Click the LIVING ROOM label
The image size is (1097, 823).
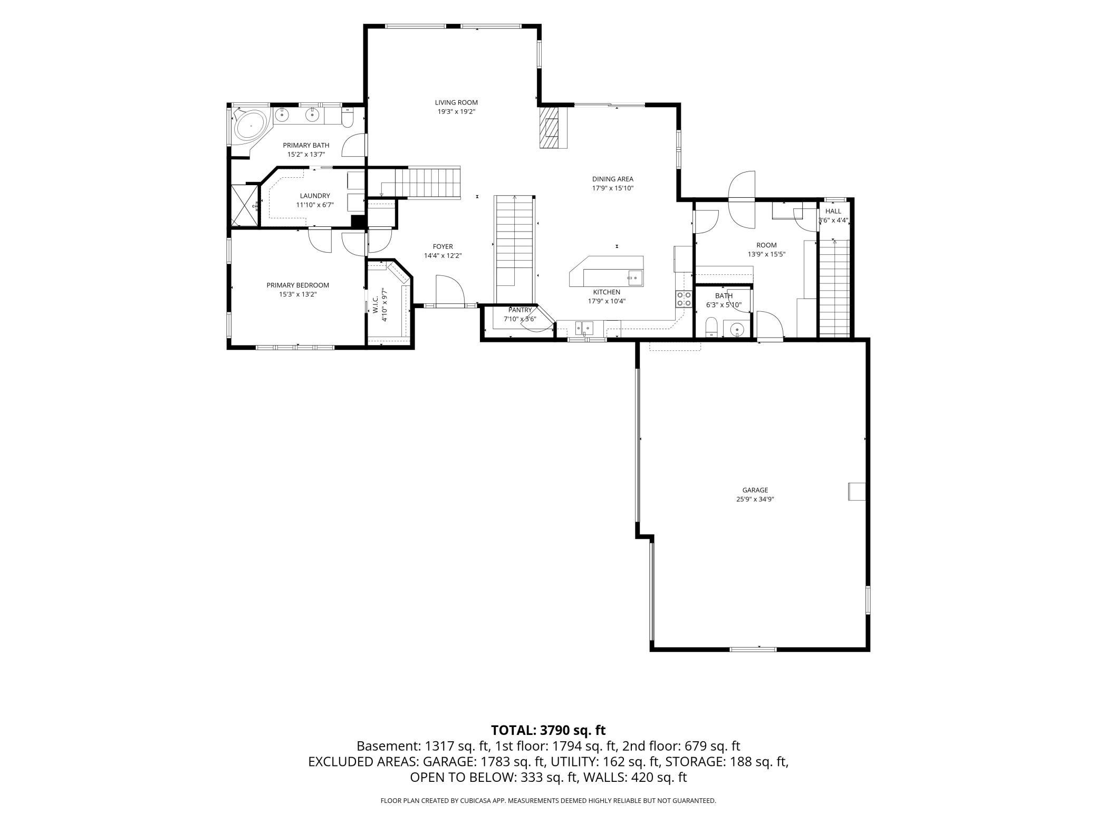coord(456,102)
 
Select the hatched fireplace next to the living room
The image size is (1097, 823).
coord(551,128)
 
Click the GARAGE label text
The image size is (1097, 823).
coord(755,490)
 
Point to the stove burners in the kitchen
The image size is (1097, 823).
coord(684,299)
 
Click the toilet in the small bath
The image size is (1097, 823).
coord(711,327)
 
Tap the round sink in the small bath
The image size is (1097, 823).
coord(736,330)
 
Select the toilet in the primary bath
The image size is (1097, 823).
coord(347,118)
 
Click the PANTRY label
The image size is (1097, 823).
coord(520,310)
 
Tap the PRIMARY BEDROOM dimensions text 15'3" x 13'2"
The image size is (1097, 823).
coord(298,294)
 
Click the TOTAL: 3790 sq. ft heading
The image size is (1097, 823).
coord(548,730)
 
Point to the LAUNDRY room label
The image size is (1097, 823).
coord(315,196)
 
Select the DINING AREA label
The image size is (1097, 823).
coord(612,179)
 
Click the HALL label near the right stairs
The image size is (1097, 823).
coord(833,211)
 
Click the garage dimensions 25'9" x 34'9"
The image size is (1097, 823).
coord(755,499)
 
